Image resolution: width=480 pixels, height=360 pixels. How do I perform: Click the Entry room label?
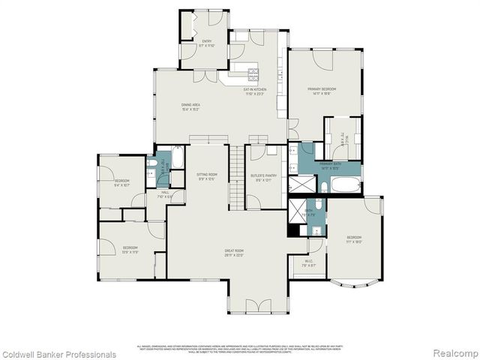(x=206, y=43)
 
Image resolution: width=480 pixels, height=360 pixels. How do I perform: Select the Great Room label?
(x=235, y=253)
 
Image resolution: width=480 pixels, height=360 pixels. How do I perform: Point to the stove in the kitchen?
(x=253, y=73)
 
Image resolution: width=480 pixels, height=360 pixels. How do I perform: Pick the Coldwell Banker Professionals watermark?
(x=59, y=355)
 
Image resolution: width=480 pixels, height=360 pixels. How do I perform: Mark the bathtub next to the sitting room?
(x=179, y=158)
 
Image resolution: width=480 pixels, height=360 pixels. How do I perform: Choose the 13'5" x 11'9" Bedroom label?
(x=130, y=250)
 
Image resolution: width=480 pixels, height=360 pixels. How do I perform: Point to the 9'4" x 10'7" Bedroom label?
(x=121, y=182)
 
